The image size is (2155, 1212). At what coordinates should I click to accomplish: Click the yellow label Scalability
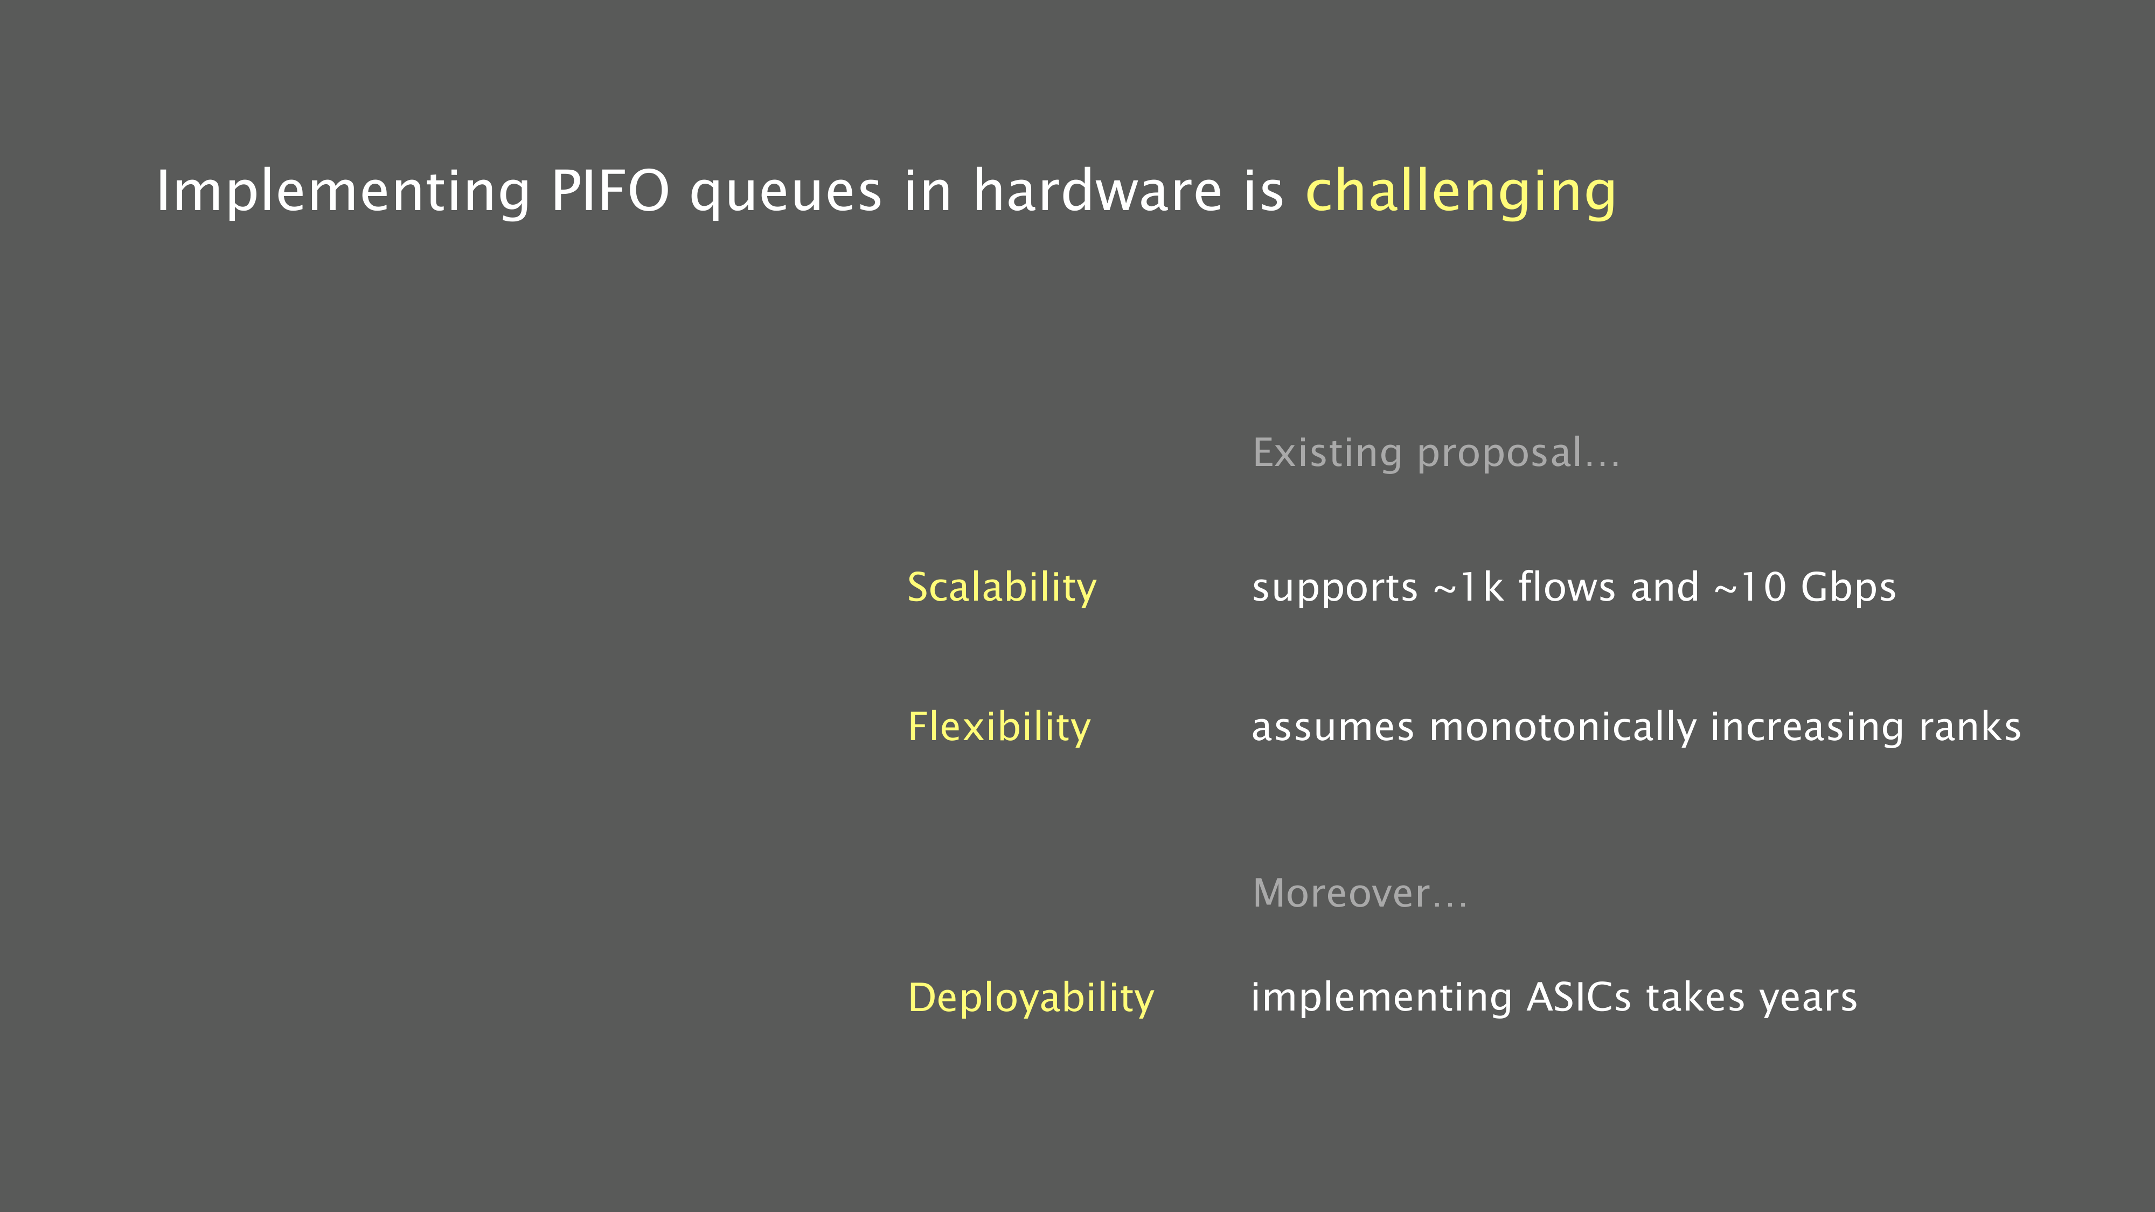[x=1002, y=587]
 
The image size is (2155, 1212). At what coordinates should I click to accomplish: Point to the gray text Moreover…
[x=1359, y=893]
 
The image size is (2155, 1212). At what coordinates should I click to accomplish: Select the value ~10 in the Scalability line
[x=1750, y=587]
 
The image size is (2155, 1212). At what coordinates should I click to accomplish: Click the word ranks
[x=1969, y=726]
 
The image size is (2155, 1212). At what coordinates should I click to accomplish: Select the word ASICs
[x=1579, y=997]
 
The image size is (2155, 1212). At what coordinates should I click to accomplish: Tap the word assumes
[x=1333, y=728]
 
